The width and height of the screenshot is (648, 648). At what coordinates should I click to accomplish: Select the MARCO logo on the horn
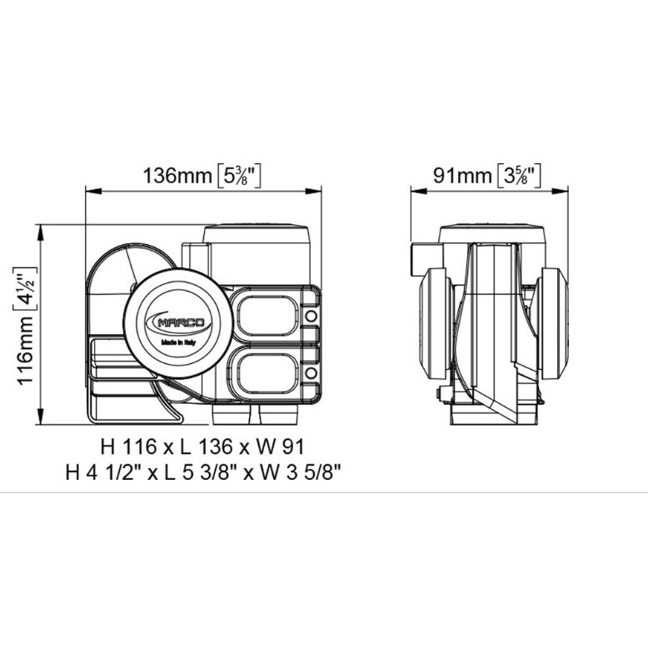178,322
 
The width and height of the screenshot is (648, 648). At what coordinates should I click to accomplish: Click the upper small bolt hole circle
311,317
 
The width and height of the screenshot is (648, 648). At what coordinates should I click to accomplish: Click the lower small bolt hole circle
311,373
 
